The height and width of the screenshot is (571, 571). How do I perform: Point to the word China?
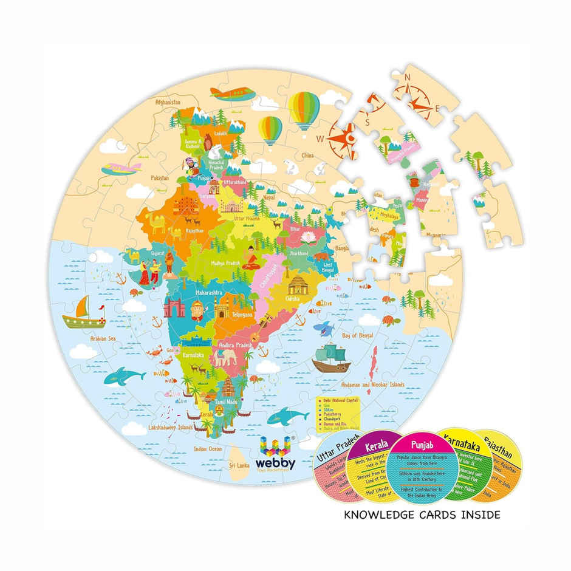pos(308,156)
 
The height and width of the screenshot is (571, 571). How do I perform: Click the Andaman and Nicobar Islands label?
pos(371,385)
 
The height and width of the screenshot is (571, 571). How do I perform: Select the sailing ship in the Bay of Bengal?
pos(331,358)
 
